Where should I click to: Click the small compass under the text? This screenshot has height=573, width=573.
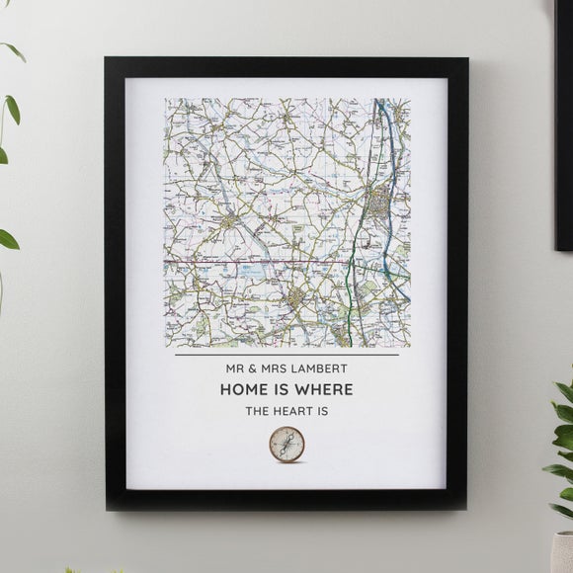286,446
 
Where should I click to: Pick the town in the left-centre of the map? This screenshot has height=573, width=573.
229,224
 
